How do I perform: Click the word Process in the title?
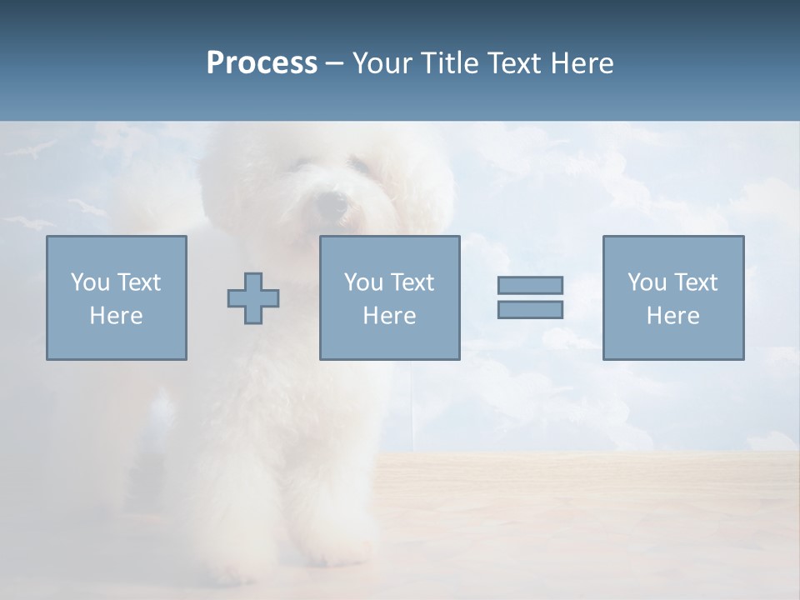262,63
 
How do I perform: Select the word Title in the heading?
451,63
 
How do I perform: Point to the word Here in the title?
582,63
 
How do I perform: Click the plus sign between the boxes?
253,298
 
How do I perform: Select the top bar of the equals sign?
530,285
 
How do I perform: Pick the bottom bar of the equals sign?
530,310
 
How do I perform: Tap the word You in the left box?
88,282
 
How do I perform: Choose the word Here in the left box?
116,316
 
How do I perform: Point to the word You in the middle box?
362,282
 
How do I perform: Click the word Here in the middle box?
389,316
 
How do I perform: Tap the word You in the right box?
646,282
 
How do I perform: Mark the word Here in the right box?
672,316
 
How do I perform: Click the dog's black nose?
331,203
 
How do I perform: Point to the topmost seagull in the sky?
40,150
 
